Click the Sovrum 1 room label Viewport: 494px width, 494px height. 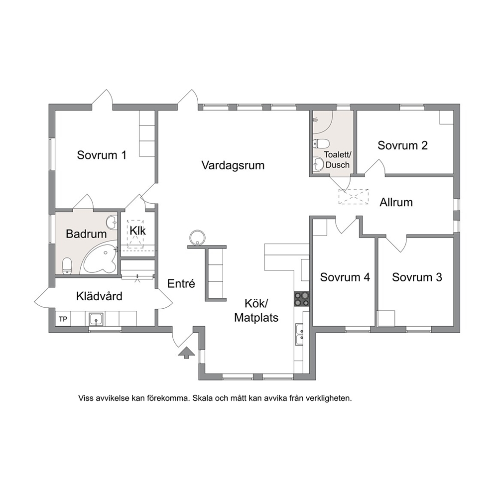(102, 155)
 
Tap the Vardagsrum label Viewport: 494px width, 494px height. (233, 165)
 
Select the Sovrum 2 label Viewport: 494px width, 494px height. (403, 145)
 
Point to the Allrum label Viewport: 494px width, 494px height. (396, 202)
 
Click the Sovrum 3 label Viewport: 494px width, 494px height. (417, 277)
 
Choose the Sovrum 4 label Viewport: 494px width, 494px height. (345, 277)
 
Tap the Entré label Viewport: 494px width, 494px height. (181, 283)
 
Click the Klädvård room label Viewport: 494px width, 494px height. (99, 296)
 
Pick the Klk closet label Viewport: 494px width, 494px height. (137, 231)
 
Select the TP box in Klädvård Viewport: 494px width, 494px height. (63, 319)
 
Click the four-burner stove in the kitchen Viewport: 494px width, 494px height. (301, 299)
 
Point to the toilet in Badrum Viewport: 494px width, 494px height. (67, 266)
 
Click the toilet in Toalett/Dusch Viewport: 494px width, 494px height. (321, 143)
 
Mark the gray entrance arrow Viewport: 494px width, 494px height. (187, 353)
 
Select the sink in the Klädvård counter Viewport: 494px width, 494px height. (96, 319)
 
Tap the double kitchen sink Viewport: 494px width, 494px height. (299, 335)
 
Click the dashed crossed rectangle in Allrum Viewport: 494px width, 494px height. (354, 197)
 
